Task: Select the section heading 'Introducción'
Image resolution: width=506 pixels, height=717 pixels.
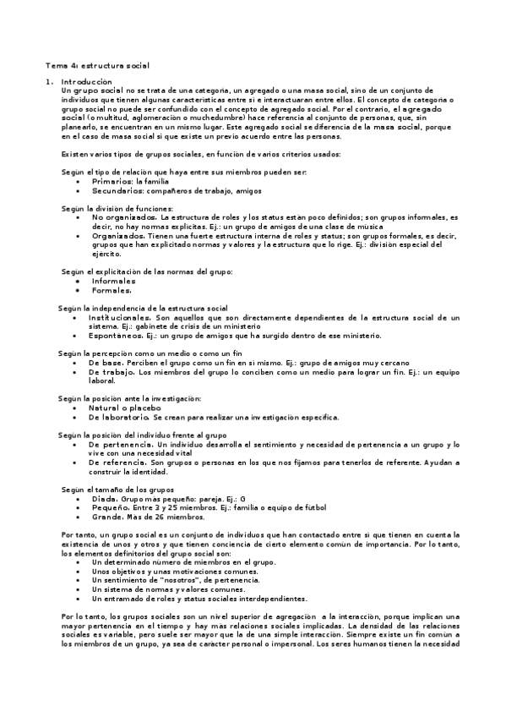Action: [x=87, y=80]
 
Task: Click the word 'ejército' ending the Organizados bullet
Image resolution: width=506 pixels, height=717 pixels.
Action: [x=106, y=254]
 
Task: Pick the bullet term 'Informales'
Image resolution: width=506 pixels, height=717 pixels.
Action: [x=114, y=281]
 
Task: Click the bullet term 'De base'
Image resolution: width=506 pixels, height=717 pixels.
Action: [x=106, y=362]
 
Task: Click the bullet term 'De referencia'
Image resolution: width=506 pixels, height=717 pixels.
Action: [x=117, y=462]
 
